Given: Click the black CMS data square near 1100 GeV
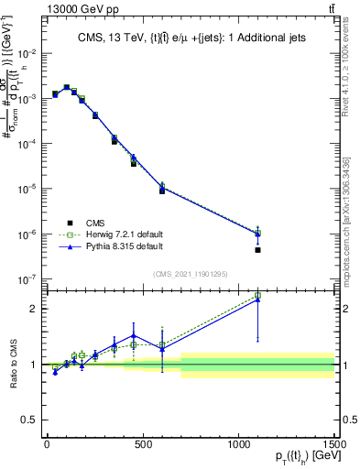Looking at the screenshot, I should tap(258, 250).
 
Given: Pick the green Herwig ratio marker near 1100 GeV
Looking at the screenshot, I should tap(258, 295).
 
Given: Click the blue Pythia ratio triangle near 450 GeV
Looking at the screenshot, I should tap(133, 335).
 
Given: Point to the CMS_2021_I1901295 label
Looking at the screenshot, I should tap(189, 274).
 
